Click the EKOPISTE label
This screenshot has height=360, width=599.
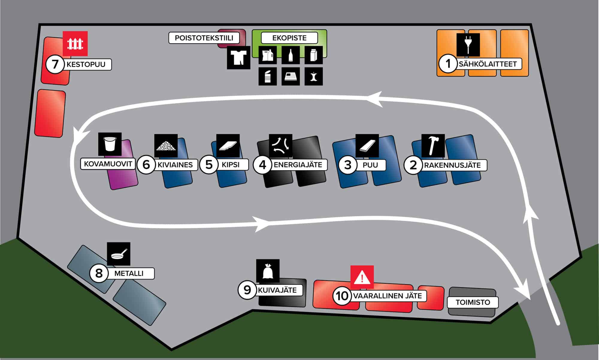tap(289, 38)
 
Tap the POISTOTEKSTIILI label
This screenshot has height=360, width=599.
tap(204, 38)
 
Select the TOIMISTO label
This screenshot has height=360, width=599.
tap(473, 302)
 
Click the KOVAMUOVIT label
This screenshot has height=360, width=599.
tap(108, 164)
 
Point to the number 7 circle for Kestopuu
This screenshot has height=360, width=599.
tap(55, 64)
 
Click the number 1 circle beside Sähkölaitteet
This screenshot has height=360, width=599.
tap(448, 64)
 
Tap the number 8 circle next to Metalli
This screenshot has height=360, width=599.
tap(99, 273)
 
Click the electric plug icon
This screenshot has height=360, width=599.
tap(468, 45)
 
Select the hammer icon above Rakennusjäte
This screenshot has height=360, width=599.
tap(433, 146)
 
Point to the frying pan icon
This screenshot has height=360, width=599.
tap(119, 254)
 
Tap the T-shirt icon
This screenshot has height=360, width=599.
tap(238, 58)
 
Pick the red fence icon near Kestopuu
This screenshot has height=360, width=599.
tap(75, 43)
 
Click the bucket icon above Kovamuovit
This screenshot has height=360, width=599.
tap(110, 144)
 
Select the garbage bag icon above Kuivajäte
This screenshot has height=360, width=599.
tap(268, 271)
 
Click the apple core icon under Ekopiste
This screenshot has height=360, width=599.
tap(314, 76)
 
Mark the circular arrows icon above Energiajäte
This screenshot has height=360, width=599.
tap(281, 146)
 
